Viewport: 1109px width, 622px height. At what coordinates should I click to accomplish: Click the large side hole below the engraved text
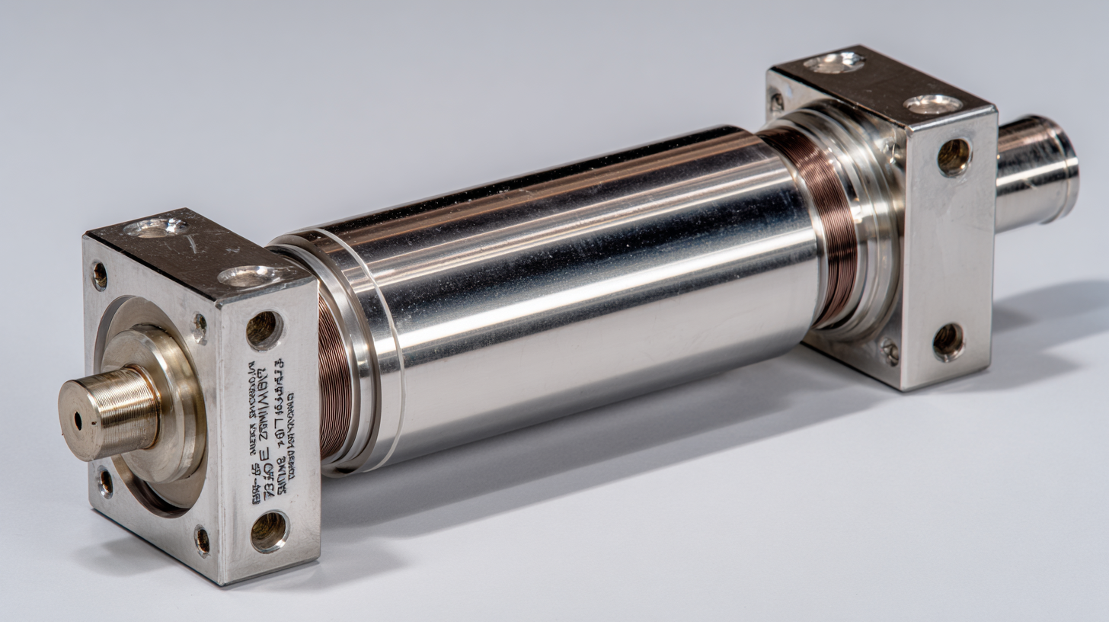coord(269,531)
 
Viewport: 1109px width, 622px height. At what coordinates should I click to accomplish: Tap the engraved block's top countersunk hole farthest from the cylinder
coord(157,226)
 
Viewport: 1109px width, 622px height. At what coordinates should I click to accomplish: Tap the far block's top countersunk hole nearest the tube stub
coord(932,104)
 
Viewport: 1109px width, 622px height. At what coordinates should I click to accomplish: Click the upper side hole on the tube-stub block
coord(954,156)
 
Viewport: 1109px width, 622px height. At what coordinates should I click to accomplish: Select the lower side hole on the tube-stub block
coord(948,341)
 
